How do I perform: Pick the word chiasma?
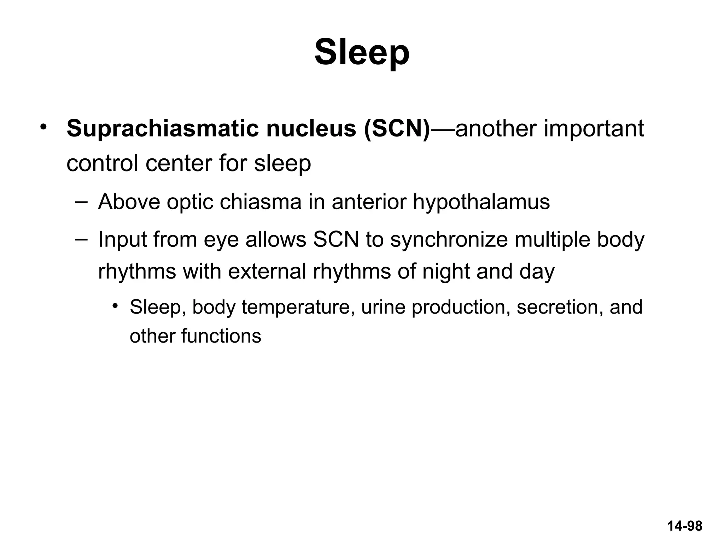pos(261,202)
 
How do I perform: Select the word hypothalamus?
pos(481,203)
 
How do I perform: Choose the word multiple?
pos(552,240)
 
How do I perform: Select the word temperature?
pos(298,307)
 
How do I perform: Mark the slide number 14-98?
pos(684,526)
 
